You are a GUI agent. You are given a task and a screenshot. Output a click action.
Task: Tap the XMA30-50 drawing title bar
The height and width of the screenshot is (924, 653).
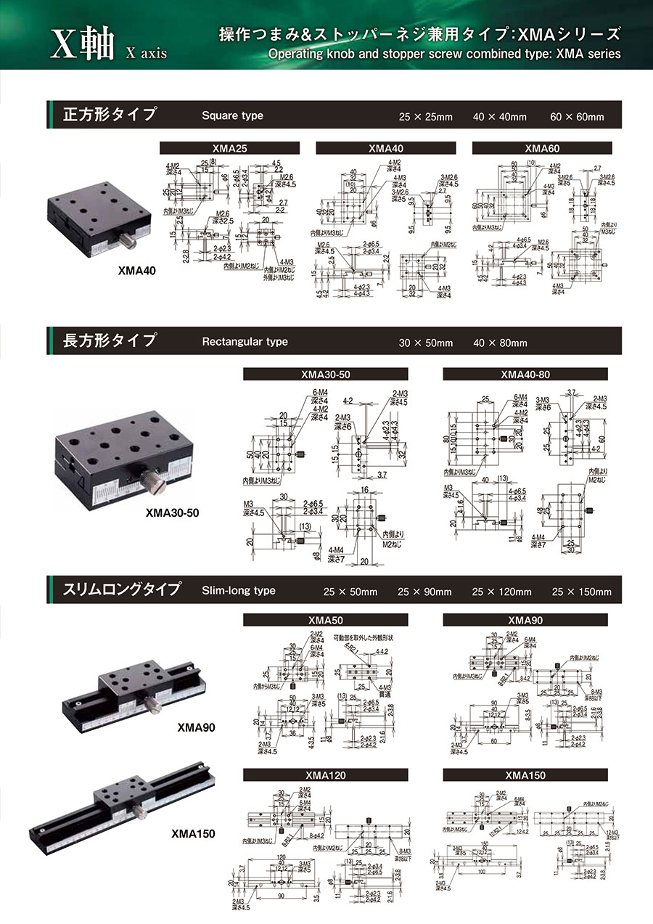(325, 375)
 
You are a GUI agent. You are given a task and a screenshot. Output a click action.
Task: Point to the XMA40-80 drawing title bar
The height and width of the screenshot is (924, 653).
(525, 375)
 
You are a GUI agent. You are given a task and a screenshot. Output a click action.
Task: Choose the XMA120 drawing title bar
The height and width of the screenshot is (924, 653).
(325, 775)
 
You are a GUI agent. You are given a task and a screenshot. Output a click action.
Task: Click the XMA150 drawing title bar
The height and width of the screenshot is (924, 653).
(525, 775)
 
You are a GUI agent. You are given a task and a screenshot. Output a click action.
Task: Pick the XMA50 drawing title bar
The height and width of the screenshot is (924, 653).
(325, 621)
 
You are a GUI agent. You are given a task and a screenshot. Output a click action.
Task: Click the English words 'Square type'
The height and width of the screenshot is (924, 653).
(232, 115)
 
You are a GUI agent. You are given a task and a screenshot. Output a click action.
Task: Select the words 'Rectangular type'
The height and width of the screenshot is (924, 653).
(245, 342)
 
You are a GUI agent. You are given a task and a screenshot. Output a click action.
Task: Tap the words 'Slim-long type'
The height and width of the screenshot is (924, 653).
(239, 590)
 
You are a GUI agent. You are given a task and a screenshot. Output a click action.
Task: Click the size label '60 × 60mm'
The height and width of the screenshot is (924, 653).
(577, 117)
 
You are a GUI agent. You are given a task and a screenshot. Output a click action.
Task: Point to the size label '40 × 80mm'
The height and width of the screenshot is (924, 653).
(500, 343)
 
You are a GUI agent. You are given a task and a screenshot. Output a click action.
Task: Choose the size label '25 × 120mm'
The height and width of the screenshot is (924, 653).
(501, 592)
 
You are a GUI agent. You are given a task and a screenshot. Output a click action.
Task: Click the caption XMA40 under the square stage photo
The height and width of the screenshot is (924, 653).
(136, 271)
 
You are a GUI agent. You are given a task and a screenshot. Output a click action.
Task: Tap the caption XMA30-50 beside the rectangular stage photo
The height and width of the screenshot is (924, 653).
(172, 513)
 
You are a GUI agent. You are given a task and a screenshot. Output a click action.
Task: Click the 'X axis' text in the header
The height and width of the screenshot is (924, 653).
(146, 53)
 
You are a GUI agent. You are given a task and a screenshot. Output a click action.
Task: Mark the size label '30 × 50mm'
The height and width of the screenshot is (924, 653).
(425, 343)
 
